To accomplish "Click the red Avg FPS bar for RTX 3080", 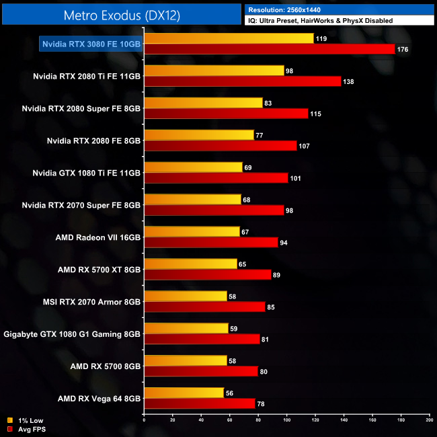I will pos(270,49).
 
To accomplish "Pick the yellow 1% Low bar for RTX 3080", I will pos(229,39).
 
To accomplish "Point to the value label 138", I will pos(348,81).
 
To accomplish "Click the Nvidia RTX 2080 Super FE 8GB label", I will pos(81,108).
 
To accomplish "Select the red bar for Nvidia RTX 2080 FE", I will pos(221,146).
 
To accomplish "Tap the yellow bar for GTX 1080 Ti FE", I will pos(193,167).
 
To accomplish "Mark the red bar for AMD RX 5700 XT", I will pos(208,274).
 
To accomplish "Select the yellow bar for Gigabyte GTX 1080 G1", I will pos(186,329).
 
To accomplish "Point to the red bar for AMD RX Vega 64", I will pos(200,403).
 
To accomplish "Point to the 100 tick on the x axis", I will pos(286,420).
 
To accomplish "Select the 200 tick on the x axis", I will pos(428,420).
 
